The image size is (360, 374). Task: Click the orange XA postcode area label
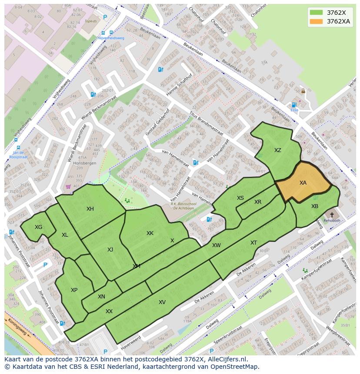tap(303, 183)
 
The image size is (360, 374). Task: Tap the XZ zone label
tap(277, 150)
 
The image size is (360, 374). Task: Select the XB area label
tap(315, 206)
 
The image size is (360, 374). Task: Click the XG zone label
tap(39, 227)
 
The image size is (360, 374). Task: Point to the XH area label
tap(90, 209)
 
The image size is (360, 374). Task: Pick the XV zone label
tap(162, 302)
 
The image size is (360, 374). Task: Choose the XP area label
tap(74, 290)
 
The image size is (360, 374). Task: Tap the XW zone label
tap(216, 245)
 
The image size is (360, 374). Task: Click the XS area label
tap(240, 198)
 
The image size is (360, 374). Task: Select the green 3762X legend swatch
tap(316, 13)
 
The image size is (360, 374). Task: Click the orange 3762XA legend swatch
tap(316, 21)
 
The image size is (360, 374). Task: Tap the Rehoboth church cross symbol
tap(332, 215)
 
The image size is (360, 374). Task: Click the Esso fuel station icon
tap(294, 105)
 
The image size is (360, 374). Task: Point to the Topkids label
tap(91, 21)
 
